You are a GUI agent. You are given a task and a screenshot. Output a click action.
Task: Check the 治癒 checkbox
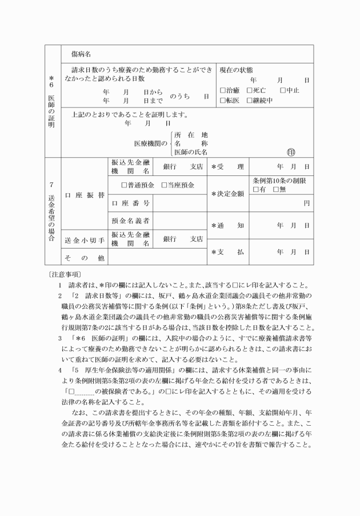(x=223, y=90)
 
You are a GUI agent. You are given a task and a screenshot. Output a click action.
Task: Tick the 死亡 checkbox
(x=250, y=90)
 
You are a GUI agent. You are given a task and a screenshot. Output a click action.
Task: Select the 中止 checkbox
(x=283, y=90)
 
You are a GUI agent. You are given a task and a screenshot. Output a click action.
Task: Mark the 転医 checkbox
(x=223, y=101)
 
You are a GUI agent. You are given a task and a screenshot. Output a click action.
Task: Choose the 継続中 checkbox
(x=250, y=101)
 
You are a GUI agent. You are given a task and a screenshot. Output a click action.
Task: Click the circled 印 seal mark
(x=291, y=152)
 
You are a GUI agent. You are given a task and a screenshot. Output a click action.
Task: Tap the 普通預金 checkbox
(x=125, y=185)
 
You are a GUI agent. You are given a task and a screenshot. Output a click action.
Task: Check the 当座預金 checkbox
(x=163, y=185)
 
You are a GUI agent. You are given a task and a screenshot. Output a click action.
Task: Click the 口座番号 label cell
(x=130, y=203)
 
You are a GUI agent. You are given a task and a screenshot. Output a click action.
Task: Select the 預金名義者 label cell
(x=130, y=221)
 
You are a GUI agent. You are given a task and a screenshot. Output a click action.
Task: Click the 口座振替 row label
(x=85, y=194)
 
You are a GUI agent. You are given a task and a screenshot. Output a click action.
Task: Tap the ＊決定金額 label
(x=227, y=194)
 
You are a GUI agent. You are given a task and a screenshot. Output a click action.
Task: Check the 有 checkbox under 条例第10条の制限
(x=256, y=189)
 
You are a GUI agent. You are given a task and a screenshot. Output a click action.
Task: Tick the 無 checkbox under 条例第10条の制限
(x=276, y=189)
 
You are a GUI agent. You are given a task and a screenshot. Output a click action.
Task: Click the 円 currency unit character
(x=307, y=203)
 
